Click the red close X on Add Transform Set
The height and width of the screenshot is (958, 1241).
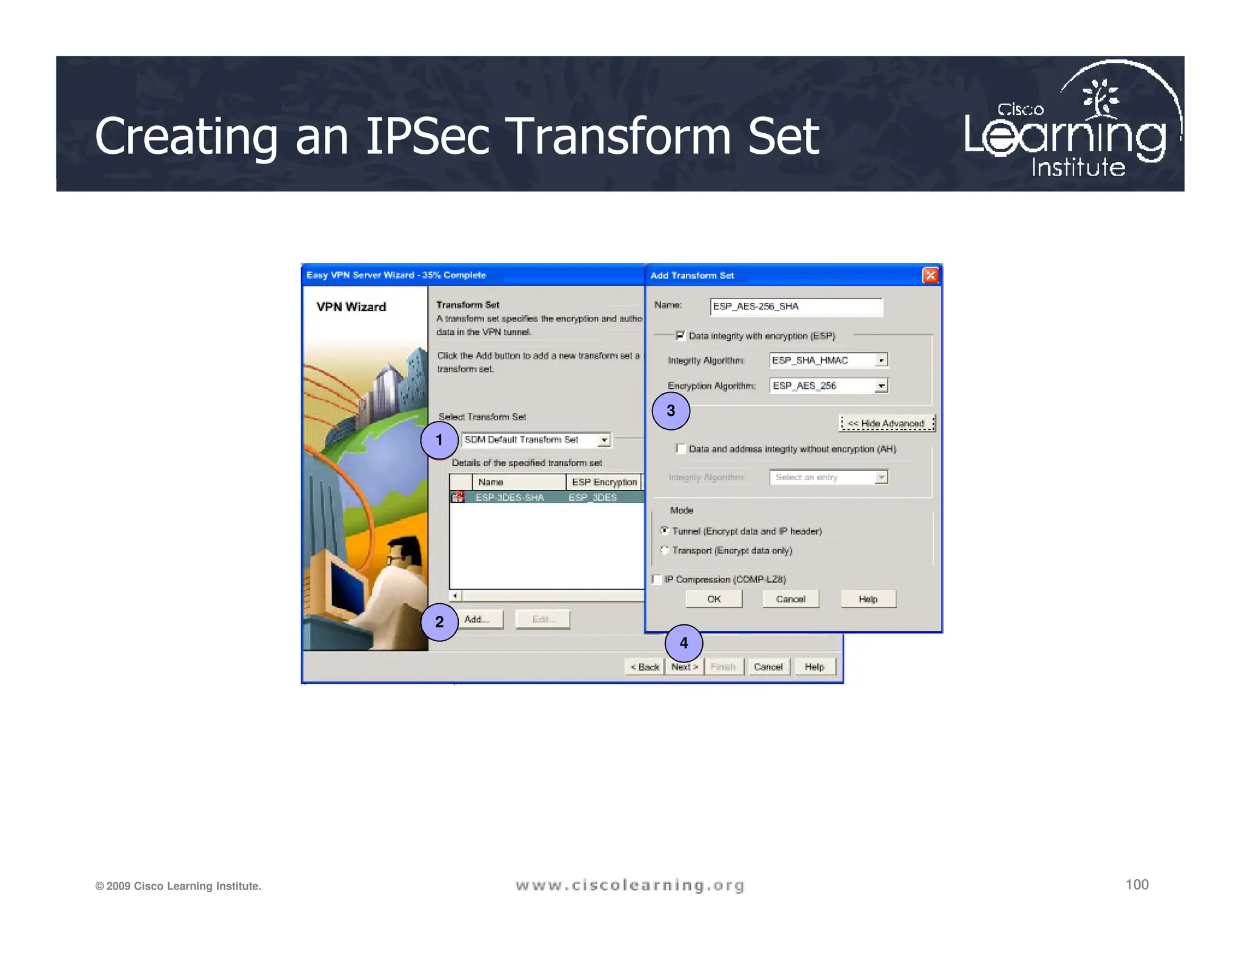pos(930,276)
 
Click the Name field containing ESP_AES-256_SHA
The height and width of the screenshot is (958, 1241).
pos(796,306)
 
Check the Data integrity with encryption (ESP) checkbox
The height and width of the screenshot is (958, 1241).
pos(680,335)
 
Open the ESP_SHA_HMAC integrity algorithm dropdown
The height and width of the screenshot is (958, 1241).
pos(881,360)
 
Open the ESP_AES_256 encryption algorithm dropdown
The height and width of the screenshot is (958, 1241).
pos(881,386)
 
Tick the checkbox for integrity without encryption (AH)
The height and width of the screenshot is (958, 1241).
pos(680,449)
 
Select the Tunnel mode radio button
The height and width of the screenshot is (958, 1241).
pos(665,531)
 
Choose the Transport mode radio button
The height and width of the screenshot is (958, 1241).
pos(665,550)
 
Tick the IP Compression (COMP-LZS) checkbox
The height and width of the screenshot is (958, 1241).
pos(657,580)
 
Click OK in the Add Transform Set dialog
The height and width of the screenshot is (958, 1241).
pos(714,599)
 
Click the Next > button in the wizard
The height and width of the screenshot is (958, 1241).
pos(684,667)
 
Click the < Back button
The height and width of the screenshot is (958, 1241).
pos(645,667)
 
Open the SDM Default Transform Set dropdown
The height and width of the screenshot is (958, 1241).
pos(604,440)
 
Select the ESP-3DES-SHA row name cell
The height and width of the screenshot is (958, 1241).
pos(510,497)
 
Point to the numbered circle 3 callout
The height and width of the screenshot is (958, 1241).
pos(671,411)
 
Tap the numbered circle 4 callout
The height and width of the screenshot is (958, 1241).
pos(684,643)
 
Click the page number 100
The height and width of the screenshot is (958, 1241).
pos(1137,885)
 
